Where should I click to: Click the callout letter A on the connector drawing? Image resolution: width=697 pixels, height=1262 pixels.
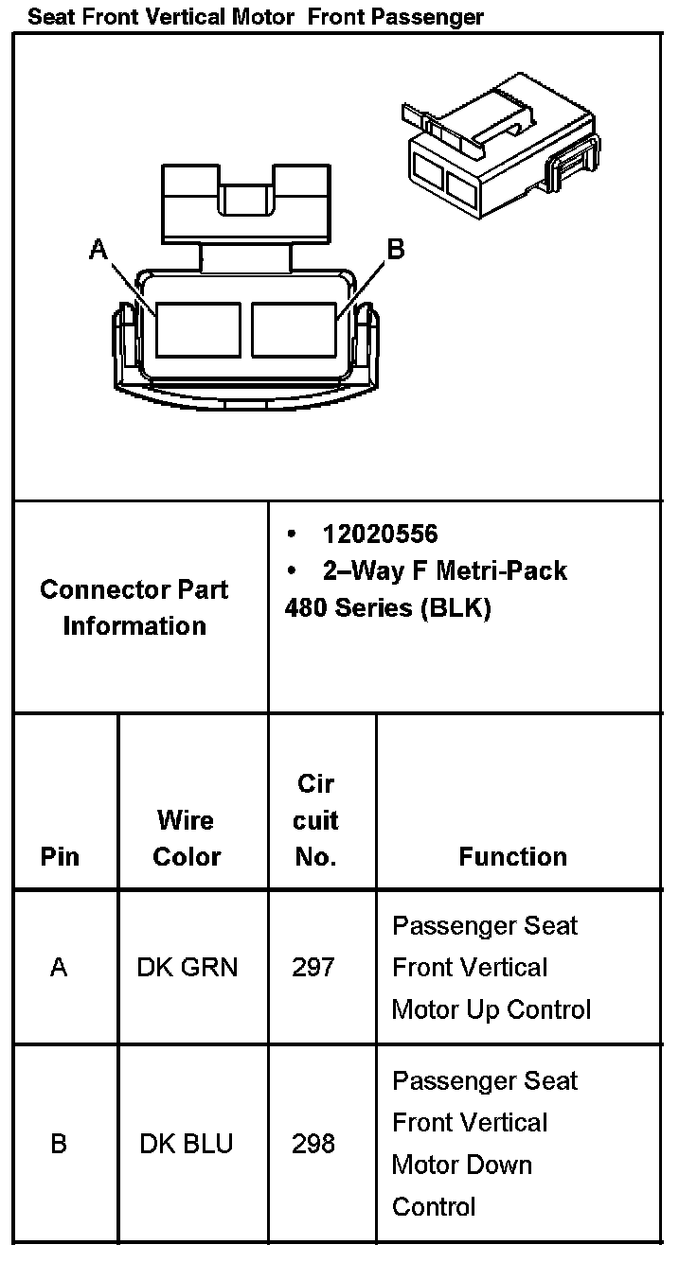pyautogui.click(x=98, y=249)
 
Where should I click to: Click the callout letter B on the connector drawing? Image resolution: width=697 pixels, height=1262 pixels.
pyautogui.click(x=396, y=249)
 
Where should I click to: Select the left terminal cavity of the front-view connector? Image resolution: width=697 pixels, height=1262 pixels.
pyautogui.click(x=198, y=329)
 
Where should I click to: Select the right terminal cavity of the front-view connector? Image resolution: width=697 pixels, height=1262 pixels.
pyautogui.click(x=294, y=329)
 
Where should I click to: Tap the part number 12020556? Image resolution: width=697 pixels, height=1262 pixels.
pyautogui.click(x=380, y=535)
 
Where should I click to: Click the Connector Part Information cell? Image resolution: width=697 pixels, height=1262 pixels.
pyautogui.click(x=134, y=607)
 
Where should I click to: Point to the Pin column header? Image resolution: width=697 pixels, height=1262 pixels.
pyautogui.click(x=60, y=856)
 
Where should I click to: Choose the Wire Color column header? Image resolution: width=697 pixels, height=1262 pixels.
pyautogui.click(x=187, y=838)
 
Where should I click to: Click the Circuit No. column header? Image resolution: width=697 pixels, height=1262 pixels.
pyautogui.click(x=316, y=820)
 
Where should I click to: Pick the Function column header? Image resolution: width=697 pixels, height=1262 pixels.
pyautogui.click(x=512, y=856)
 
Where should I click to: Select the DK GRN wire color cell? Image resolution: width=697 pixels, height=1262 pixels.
pyautogui.click(x=188, y=967)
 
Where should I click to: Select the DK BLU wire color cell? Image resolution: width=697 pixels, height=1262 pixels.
pyautogui.click(x=187, y=1144)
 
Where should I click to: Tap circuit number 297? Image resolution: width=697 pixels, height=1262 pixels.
pyautogui.click(x=313, y=967)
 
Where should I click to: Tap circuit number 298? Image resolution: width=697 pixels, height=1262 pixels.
pyautogui.click(x=313, y=1144)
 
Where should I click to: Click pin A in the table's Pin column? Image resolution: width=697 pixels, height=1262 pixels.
pyautogui.click(x=59, y=967)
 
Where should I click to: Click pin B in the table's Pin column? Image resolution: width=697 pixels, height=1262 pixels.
pyautogui.click(x=59, y=1144)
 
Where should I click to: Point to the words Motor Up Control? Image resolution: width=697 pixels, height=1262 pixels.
pyautogui.click(x=491, y=1009)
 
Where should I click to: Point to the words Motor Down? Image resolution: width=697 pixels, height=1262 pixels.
pyautogui.click(x=462, y=1165)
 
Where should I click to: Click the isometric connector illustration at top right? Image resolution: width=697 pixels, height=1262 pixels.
pyautogui.click(x=500, y=147)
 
